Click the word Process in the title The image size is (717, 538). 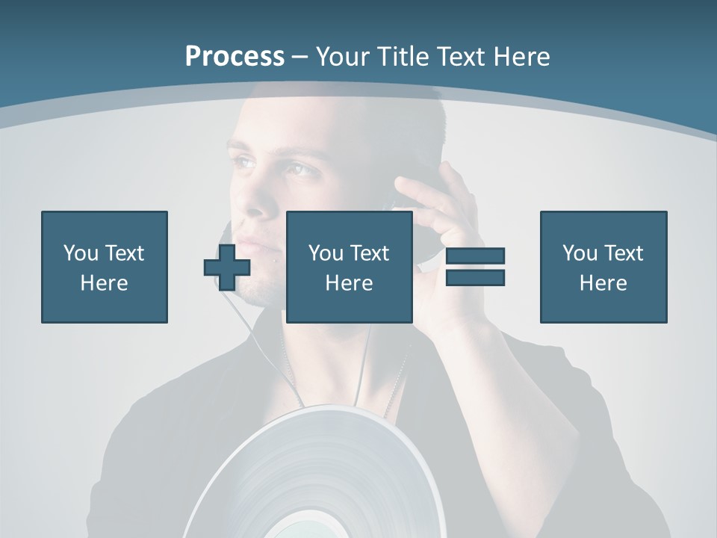[235, 56]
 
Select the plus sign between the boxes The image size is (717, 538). [227, 267]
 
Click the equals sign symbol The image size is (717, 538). [475, 267]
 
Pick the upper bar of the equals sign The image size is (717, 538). [475, 256]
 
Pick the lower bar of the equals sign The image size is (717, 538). [475, 277]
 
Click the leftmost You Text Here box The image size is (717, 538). [105, 267]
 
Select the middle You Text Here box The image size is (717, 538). [350, 267]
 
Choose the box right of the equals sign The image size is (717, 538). [603, 267]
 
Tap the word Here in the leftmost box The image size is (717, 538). [105, 283]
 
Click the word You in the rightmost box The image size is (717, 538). [580, 253]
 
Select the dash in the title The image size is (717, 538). [300, 57]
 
